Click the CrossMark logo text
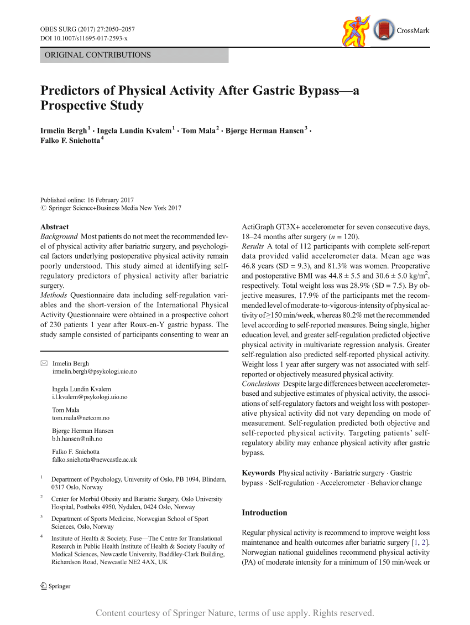point(412,30)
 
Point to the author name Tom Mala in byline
point(198,130)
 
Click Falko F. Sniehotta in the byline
point(70,140)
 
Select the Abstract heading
point(55,227)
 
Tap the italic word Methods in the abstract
point(54,295)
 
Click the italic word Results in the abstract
point(253,246)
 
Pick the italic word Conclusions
point(260,384)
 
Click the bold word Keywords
point(258,473)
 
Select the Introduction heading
point(264,513)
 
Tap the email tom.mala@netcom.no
point(81,418)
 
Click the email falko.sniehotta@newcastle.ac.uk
point(95,459)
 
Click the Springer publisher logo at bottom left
point(55,586)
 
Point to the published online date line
point(87,200)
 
